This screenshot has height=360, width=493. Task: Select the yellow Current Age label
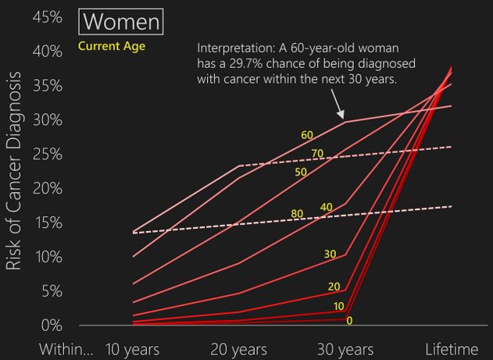click(112, 45)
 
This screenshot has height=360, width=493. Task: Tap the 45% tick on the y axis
click(47, 16)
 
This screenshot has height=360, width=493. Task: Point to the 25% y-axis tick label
click(47, 154)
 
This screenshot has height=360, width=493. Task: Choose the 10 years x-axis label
click(132, 349)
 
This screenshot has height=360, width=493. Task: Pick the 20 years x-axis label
click(239, 349)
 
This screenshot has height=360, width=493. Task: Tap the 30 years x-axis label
click(346, 349)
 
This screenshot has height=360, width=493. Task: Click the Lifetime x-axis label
click(452, 349)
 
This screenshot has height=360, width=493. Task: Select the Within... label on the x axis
click(66, 349)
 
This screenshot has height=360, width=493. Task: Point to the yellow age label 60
click(307, 135)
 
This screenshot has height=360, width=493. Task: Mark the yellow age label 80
click(297, 213)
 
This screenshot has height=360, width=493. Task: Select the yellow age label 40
click(327, 207)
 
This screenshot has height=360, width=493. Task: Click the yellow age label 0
click(348, 320)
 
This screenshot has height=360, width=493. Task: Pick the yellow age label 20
click(334, 287)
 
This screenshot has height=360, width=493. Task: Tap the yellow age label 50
click(300, 171)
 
